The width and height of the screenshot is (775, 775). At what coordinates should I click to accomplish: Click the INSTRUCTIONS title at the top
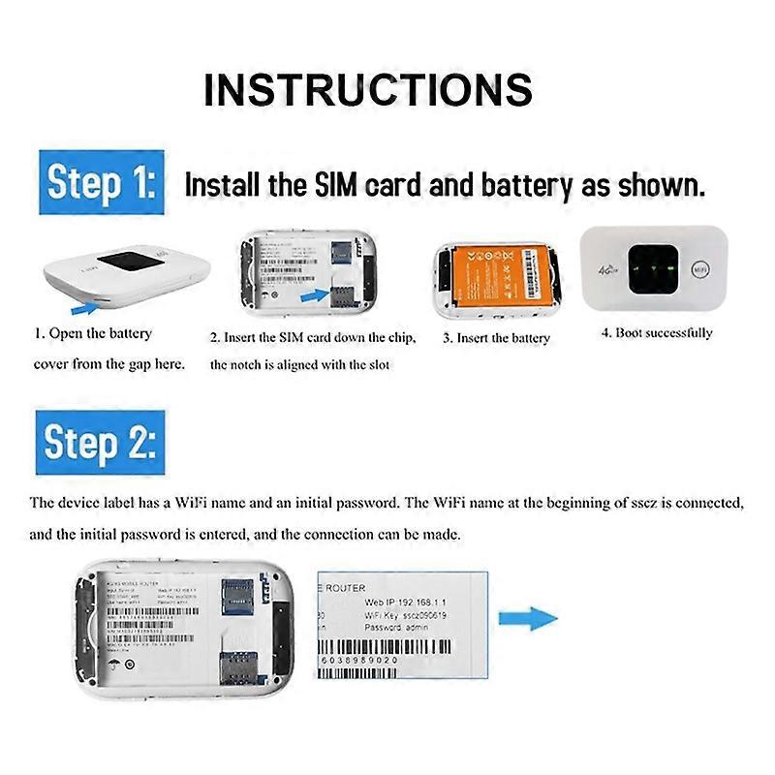pyautogui.click(x=368, y=89)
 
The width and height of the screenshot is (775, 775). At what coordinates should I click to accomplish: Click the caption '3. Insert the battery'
pyautogui.click(x=496, y=338)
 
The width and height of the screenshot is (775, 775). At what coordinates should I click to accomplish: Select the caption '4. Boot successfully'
pyautogui.click(x=656, y=333)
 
